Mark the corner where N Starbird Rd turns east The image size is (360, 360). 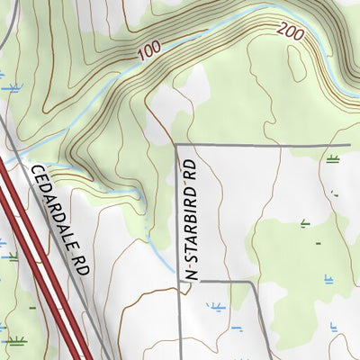click(x=177, y=144)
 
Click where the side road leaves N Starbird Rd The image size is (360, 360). click(x=179, y=282)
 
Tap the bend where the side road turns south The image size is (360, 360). click(x=250, y=282)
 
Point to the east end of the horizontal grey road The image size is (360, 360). click(x=349, y=143)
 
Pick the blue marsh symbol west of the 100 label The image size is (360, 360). click(x=11, y=87)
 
